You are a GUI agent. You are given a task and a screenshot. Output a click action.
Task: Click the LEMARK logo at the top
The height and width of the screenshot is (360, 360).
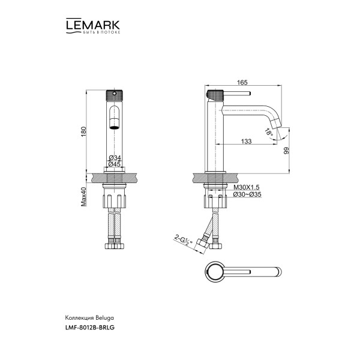(92, 25)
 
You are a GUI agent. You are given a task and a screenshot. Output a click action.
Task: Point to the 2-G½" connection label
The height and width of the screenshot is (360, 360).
(180, 239)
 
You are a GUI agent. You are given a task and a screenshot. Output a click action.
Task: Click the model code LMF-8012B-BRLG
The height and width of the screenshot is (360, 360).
(89, 328)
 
